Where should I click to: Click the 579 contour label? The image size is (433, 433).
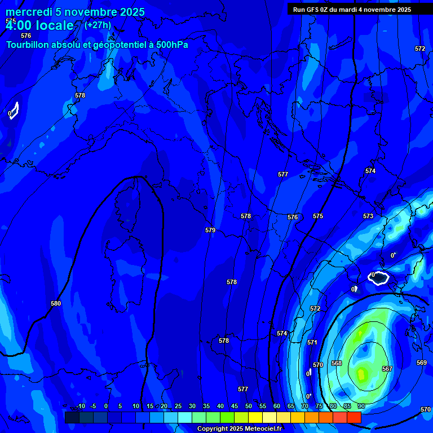(210, 230)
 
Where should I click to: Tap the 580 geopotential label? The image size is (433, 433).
(56, 303)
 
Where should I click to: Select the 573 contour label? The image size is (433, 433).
(368, 216)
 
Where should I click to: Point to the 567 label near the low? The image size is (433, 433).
(387, 369)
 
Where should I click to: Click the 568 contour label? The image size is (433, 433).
(337, 363)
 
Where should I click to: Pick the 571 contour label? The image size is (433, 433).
(312, 342)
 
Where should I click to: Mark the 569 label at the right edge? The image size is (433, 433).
(421, 363)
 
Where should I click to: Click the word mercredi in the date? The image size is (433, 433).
(28, 12)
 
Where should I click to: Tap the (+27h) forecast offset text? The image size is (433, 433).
(98, 25)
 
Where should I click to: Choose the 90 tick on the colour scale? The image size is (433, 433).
(361, 406)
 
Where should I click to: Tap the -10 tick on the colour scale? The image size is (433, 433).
(80, 406)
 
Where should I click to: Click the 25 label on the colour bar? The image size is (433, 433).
(178, 406)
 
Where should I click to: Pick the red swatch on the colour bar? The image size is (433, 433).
(354, 417)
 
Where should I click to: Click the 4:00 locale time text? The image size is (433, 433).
(39, 25)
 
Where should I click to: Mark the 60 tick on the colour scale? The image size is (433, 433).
(276, 406)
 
